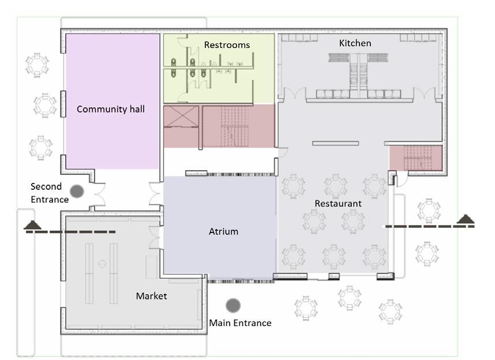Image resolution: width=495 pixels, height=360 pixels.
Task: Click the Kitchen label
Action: pyautogui.click(x=355, y=43)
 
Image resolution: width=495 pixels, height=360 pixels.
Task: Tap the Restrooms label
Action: pyautogui.click(x=227, y=45)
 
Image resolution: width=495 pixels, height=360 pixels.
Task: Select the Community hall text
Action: pyautogui.click(x=111, y=108)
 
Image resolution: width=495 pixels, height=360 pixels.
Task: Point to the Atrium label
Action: pyautogui.click(x=223, y=232)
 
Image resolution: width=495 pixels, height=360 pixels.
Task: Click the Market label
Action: pyautogui.click(x=151, y=296)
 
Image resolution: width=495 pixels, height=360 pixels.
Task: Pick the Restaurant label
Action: pyautogui.click(x=337, y=204)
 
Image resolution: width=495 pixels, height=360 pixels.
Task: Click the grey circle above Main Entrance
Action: pyautogui.click(x=233, y=305)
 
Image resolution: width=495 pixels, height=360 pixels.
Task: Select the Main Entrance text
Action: pyautogui.click(x=240, y=323)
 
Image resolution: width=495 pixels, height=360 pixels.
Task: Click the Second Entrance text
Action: pyautogui.click(x=50, y=193)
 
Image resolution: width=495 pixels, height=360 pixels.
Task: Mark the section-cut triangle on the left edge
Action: pyautogui.click(x=32, y=224)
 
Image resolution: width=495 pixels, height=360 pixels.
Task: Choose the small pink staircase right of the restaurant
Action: pyautogui.click(x=416, y=158)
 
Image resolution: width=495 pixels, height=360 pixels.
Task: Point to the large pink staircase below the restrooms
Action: pyautogui.click(x=238, y=126)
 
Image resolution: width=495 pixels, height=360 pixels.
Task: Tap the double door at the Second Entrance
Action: pyautogui.click(x=99, y=195)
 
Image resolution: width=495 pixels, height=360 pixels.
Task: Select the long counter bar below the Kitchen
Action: pyautogui.click(x=335, y=143)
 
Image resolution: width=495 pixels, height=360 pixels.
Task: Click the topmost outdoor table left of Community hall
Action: pyautogui.click(x=37, y=64)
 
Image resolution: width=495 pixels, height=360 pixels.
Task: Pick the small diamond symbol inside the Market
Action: pyautogui.click(x=102, y=263)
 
